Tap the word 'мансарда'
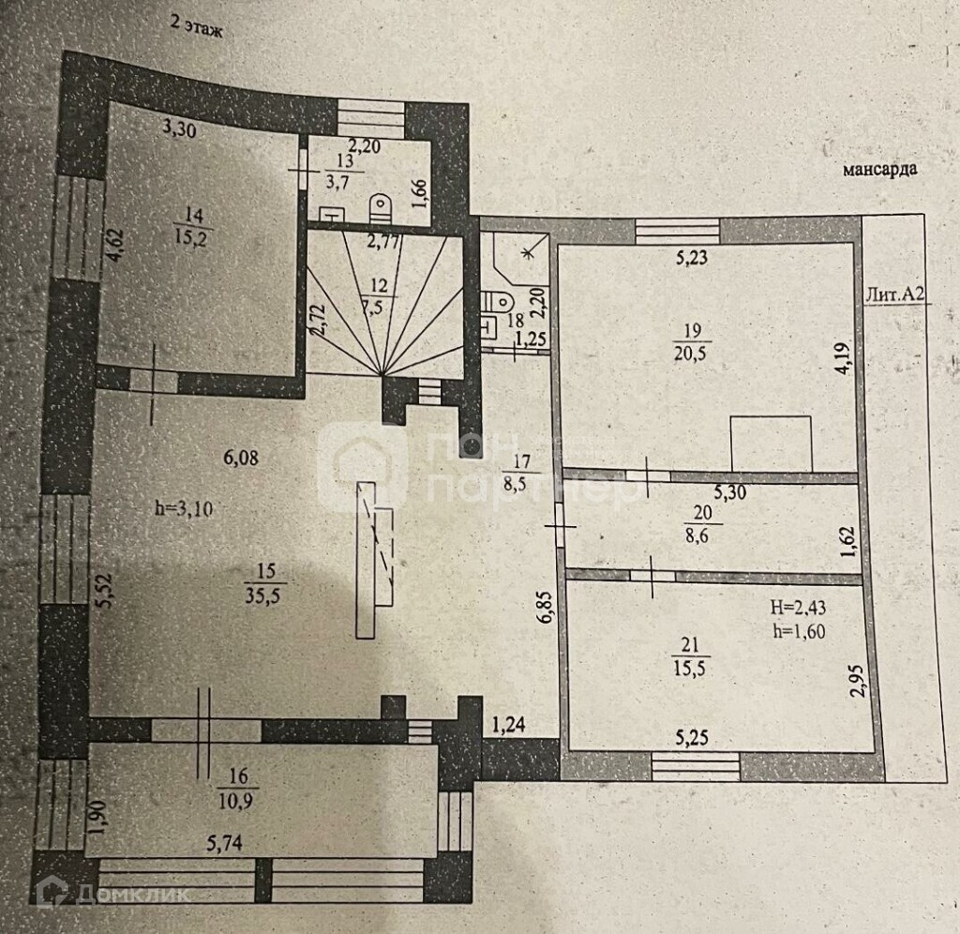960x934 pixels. [878, 170]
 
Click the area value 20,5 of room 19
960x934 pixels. [692, 352]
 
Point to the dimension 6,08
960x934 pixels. [239, 458]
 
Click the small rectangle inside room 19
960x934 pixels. [772, 443]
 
